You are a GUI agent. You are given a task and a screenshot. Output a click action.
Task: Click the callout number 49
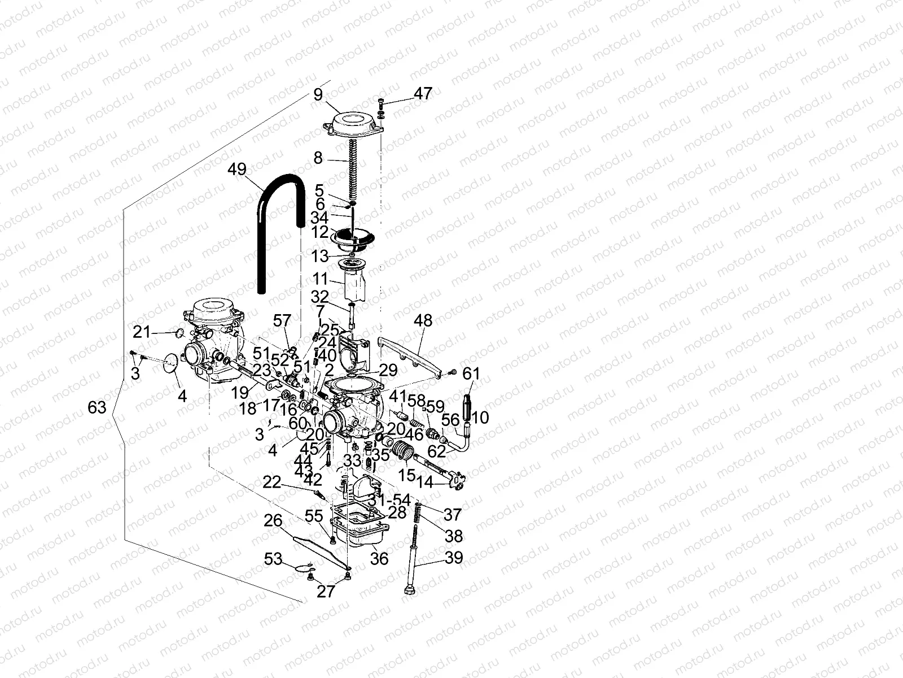(238, 168)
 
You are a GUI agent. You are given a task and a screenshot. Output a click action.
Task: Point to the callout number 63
(97, 407)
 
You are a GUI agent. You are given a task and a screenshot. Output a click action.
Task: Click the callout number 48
(423, 320)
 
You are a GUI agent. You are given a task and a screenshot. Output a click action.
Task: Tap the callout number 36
(379, 558)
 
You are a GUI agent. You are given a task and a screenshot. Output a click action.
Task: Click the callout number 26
(273, 520)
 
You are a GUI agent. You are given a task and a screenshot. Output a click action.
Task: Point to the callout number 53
(273, 559)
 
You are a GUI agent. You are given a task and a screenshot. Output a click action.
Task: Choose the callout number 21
(141, 332)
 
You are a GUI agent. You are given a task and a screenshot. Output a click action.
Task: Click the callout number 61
(471, 373)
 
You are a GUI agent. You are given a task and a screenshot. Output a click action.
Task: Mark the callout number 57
(282, 321)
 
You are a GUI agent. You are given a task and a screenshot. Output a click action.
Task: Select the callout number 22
(272, 482)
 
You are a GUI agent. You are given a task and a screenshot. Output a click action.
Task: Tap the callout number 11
(321, 279)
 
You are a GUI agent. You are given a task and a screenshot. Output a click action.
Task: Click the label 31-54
(389, 501)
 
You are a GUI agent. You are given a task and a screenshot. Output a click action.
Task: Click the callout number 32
(319, 297)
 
